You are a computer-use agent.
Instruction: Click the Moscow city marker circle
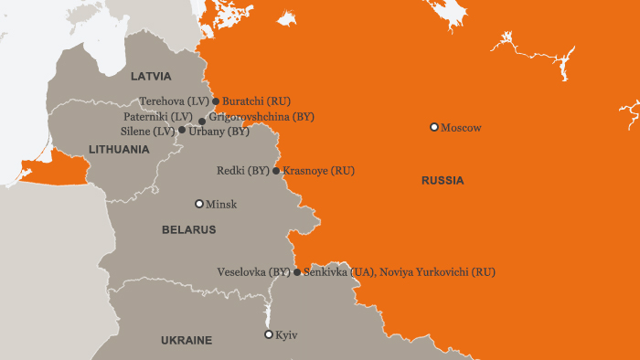[434, 127]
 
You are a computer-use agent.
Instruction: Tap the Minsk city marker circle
[199, 204]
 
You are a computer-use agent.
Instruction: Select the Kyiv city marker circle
[268, 334]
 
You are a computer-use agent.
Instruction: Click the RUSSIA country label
[443, 181]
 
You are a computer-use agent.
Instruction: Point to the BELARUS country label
[188, 230]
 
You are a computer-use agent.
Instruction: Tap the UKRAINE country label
[187, 341]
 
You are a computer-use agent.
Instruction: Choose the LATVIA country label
[151, 76]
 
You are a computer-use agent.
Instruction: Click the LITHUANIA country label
[119, 149]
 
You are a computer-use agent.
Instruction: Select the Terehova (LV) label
[175, 101]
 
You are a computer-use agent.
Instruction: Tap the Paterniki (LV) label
[157, 118]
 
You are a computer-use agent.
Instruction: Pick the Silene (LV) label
[147, 132]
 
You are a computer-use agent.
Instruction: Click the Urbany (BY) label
[219, 132]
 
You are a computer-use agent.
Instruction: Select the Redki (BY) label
[242, 171]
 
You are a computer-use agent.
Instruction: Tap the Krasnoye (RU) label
[318, 171]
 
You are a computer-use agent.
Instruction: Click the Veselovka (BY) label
[253, 272]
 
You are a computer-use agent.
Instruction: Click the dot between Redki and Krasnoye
[276, 171]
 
